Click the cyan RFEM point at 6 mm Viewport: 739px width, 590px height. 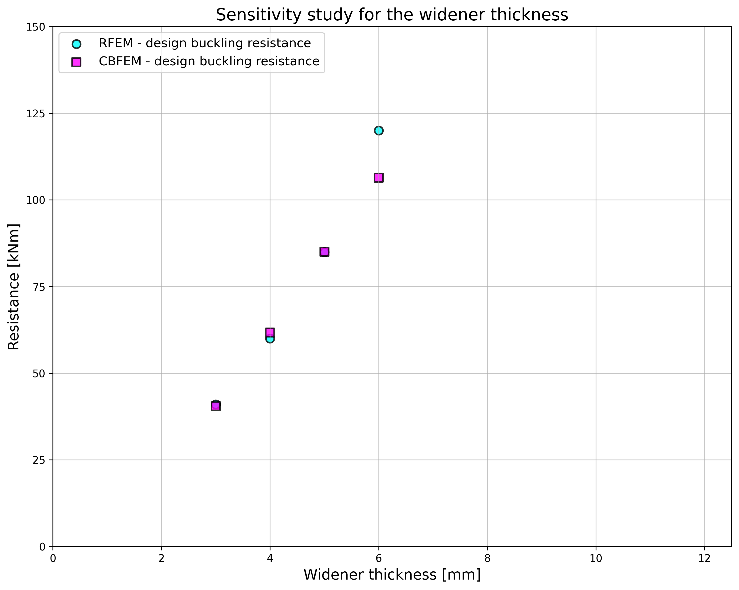point(378,130)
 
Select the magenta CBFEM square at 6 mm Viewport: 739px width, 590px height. point(378,178)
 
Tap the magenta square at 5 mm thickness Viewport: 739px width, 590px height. point(324,252)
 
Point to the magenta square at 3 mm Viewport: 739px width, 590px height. point(215,406)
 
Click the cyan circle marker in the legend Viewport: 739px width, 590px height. point(76,44)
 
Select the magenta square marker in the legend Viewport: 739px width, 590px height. point(76,62)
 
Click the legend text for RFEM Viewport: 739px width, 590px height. point(205,43)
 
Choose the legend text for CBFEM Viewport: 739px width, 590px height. point(209,62)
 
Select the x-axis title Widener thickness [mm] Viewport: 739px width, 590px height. point(392,574)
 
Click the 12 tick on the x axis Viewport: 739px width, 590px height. point(704,558)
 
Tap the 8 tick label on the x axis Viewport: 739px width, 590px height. point(487,558)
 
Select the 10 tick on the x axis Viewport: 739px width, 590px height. point(596,558)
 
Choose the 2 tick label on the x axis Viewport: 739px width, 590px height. point(161,558)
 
